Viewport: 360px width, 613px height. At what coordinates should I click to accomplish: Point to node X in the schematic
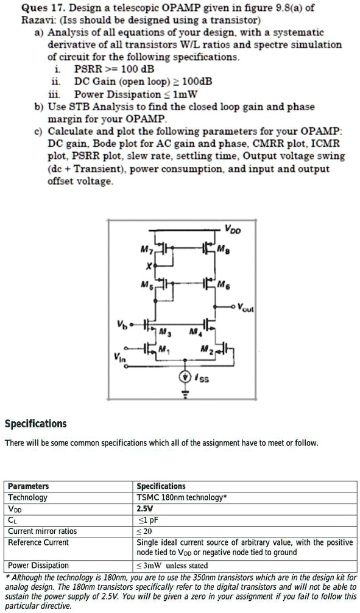148,265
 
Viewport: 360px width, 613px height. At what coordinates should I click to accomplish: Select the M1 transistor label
163,349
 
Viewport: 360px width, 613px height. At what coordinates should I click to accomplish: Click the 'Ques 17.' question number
42,9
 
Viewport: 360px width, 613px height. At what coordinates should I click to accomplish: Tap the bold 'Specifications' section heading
35,424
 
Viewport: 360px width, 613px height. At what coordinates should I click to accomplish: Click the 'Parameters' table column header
28,486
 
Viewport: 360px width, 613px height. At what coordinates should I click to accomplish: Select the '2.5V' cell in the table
146,508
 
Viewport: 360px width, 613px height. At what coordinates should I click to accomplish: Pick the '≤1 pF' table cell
147,520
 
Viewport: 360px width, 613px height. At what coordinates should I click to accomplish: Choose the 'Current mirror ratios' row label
42,531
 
